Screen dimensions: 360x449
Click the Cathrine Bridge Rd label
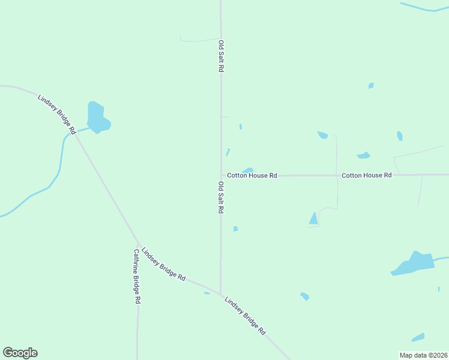[137, 276]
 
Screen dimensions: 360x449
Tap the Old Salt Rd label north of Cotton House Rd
[221, 56]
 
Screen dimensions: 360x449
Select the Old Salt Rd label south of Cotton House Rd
[221, 198]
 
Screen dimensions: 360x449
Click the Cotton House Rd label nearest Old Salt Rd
[252, 176]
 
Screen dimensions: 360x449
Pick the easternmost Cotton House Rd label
[366, 175]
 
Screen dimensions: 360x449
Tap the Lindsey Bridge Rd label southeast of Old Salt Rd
[245, 316]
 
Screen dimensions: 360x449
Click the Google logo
[20, 353]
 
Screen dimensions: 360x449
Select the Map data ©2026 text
[424, 355]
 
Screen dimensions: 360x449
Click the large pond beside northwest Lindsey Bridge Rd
[97, 118]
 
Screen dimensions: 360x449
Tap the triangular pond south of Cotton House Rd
[313, 219]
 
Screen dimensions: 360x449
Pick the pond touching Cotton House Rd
[247, 171]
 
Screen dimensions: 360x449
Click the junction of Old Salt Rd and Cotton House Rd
[221, 176]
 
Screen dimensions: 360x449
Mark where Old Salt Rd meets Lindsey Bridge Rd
[220, 293]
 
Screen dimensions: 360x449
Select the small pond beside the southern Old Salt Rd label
[235, 229]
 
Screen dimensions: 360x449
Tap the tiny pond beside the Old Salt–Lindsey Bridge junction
[207, 293]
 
